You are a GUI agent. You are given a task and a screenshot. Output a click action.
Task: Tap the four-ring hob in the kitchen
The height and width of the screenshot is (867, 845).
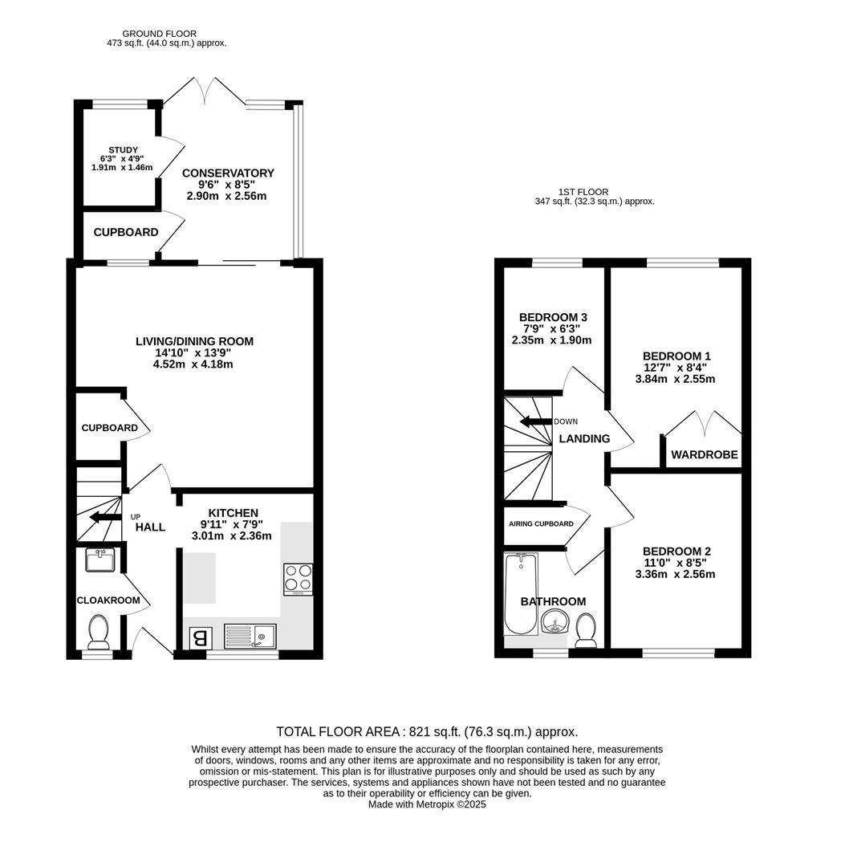point(298,579)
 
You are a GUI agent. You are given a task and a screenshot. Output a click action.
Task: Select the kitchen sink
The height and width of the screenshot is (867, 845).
point(250,637)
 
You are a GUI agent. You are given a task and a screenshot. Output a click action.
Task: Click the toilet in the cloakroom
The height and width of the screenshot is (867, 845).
point(99,633)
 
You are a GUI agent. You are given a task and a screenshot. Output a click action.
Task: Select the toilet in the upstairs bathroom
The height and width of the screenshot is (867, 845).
point(586,629)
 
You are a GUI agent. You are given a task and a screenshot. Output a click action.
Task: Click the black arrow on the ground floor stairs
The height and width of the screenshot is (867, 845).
point(103,517)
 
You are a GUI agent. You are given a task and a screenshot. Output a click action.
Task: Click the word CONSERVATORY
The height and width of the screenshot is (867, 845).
point(228,173)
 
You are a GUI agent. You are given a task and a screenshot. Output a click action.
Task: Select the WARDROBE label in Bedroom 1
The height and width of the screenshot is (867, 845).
point(704,455)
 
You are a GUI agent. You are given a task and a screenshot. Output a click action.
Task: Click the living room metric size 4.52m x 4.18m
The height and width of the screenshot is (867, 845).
point(194,364)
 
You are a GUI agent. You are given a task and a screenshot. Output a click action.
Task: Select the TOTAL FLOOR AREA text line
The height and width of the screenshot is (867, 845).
point(426,732)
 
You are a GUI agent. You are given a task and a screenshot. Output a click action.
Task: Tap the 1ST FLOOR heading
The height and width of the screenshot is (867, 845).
point(583,192)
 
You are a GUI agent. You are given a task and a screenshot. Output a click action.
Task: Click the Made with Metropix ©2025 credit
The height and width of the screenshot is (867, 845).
point(427,804)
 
